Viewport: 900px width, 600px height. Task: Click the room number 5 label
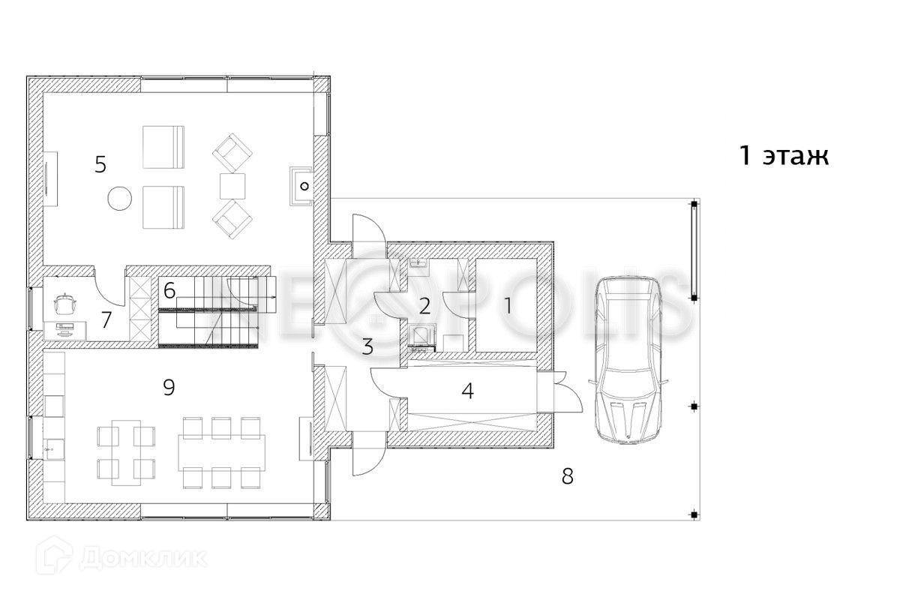100,165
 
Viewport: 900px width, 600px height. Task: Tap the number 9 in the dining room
169,388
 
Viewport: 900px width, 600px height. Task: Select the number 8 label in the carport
567,476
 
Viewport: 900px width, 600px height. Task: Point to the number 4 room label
467,391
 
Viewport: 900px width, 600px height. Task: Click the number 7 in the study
106,320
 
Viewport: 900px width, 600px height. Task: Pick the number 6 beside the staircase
169,290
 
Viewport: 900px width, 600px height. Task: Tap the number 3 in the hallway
367,346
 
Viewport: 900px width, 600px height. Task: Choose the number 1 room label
508,306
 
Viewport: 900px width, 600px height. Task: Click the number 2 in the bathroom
424,306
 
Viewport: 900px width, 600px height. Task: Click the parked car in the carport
628,360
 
